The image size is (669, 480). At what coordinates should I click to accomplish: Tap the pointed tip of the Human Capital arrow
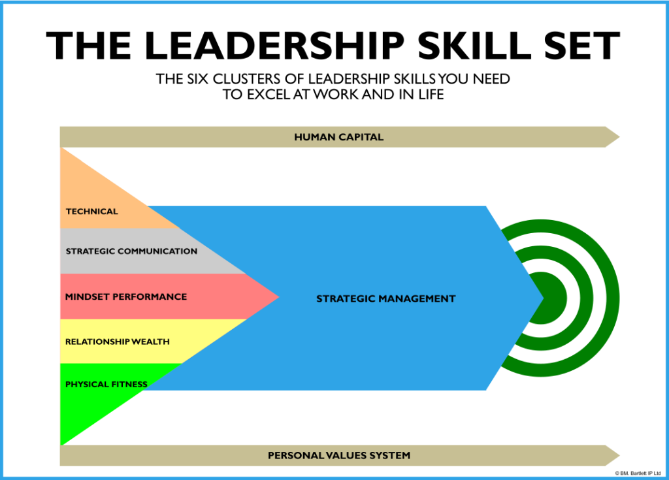click(x=618, y=137)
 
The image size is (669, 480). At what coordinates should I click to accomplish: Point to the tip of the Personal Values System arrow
click(x=618, y=455)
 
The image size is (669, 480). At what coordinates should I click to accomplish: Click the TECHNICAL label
click(x=92, y=212)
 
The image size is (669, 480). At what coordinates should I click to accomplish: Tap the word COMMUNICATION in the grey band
click(x=157, y=251)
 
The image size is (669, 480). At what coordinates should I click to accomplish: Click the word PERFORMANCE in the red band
click(x=150, y=296)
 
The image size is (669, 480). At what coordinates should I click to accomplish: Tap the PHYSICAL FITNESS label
click(x=106, y=385)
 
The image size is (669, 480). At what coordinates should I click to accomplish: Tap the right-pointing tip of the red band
click(x=278, y=297)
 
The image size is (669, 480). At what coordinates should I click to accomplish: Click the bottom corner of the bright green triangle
click(x=61, y=443)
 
